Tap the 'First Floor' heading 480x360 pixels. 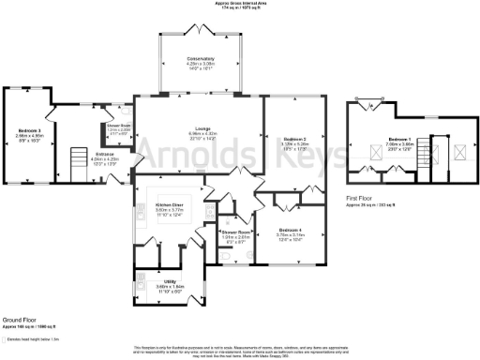[362, 198]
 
